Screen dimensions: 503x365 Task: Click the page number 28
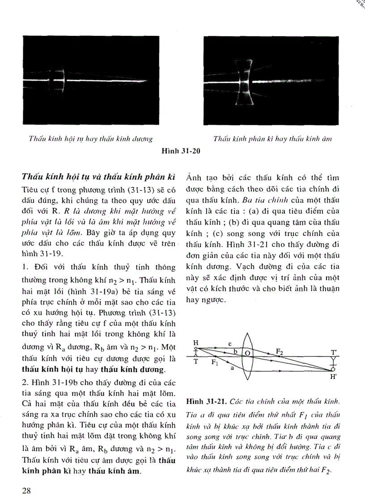click(x=26, y=490)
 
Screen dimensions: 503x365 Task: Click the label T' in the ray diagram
click(x=334, y=352)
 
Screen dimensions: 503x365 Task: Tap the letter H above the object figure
click(x=195, y=342)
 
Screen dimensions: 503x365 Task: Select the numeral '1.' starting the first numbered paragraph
click(x=25, y=267)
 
